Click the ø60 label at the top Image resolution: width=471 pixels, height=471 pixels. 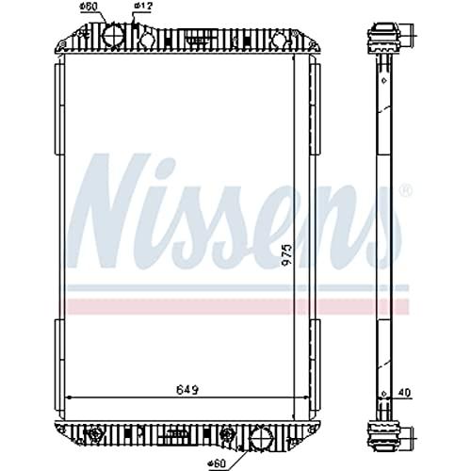89,6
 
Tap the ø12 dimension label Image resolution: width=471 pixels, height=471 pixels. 143,7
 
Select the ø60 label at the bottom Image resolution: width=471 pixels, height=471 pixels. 217,463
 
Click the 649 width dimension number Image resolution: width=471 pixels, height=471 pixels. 187,390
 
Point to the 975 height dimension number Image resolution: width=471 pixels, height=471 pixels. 287,255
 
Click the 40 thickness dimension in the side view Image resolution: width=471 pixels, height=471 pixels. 404,393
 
